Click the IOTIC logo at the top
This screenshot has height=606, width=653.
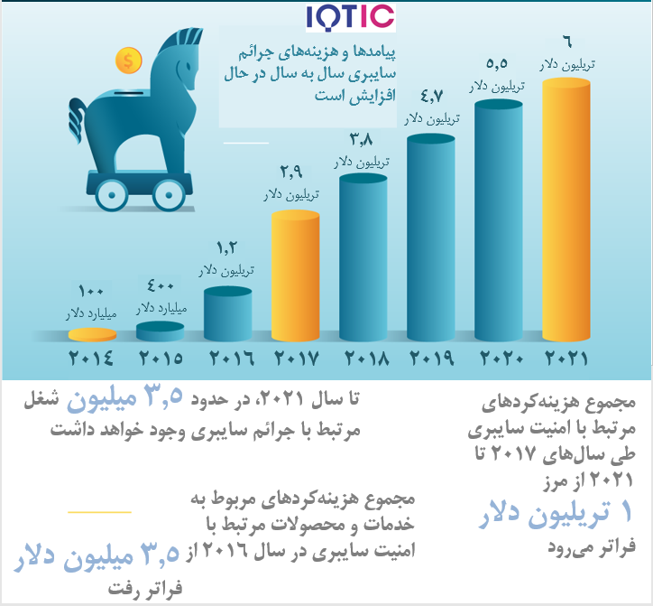pyautogui.click(x=351, y=18)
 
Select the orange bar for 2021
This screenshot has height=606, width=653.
pyautogui.click(x=566, y=210)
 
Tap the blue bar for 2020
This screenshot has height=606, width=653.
pyautogui.click(x=499, y=220)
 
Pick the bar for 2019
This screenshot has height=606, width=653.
pyautogui.click(x=430, y=238)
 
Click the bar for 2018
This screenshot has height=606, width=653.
pyautogui.click(x=363, y=257)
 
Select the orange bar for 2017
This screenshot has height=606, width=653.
pyautogui.click(x=295, y=275)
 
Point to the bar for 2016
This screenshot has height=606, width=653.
pyautogui.click(x=228, y=313)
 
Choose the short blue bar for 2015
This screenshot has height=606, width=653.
pyautogui.click(x=161, y=331)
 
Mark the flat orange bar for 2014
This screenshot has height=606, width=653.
pyautogui.click(x=93, y=334)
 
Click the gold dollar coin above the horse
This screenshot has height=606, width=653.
pyautogui.click(x=129, y=61)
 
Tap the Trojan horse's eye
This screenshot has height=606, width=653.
pyautogui.click(x=189, y=66)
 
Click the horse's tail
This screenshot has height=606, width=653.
pyautogui.click(x=78, y=120)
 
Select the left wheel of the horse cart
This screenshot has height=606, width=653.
pyautogui.click(x=112, y=195)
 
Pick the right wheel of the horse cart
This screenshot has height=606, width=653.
pyautogui.click(x=169, y=195)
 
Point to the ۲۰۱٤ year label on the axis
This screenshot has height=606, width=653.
pyautogui.click(x=90, y=359)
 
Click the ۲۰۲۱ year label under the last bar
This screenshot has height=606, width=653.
pyautogui.click(x=566, y=359)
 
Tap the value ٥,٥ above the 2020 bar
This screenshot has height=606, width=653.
pyautogui.click(x=497, y=63)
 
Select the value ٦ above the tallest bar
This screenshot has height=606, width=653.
pyautogui.click(x=567, y=42)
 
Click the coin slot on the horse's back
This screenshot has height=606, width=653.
pyautogui.click(x=129, y=93)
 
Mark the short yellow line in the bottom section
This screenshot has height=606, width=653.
pyautogui.click(x=99, y=512)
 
